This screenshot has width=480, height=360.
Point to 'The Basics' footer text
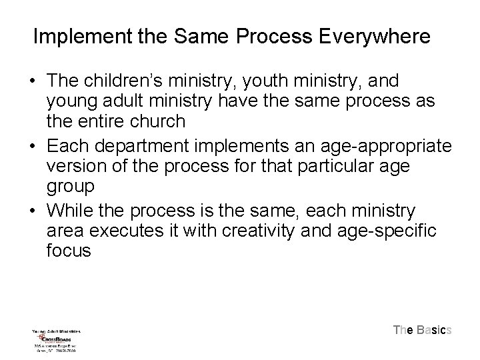tap(423, 329)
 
